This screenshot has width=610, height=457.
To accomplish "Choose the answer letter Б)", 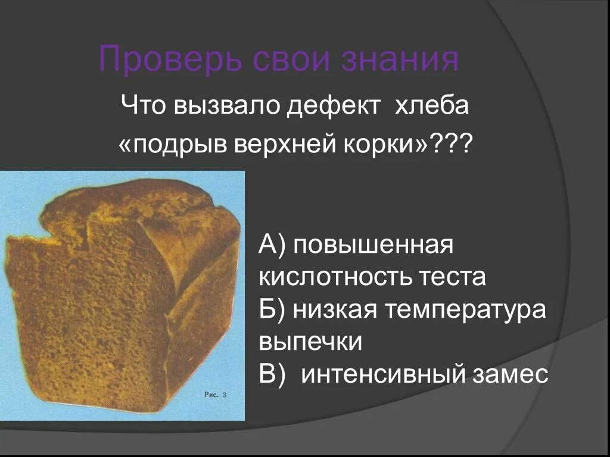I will click(272, 309).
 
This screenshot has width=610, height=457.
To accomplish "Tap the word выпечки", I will click(310, 342).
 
